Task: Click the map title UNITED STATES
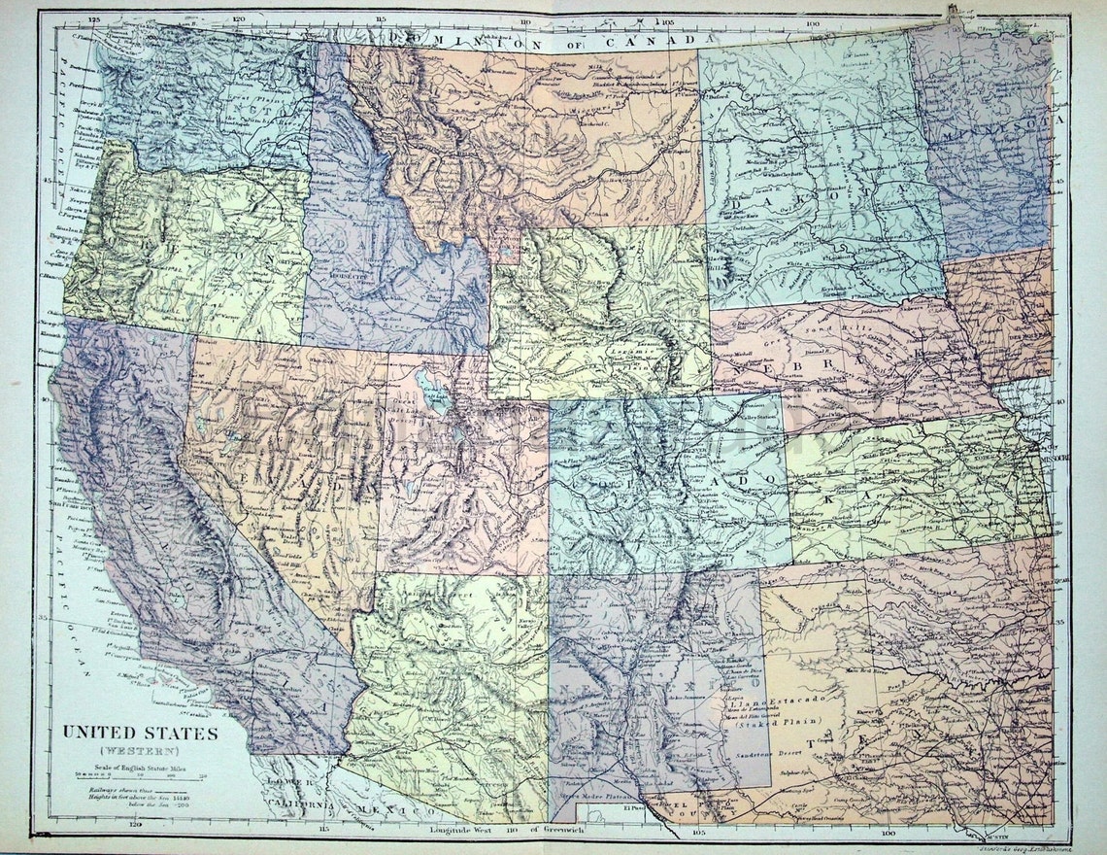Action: tap(141, 732)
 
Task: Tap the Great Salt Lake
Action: tap(432, 394)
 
